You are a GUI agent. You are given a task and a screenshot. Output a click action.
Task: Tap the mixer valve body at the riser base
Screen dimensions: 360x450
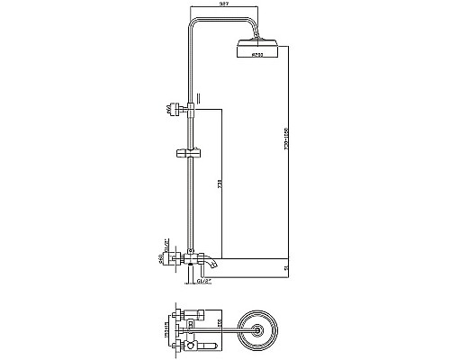(190, 260)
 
